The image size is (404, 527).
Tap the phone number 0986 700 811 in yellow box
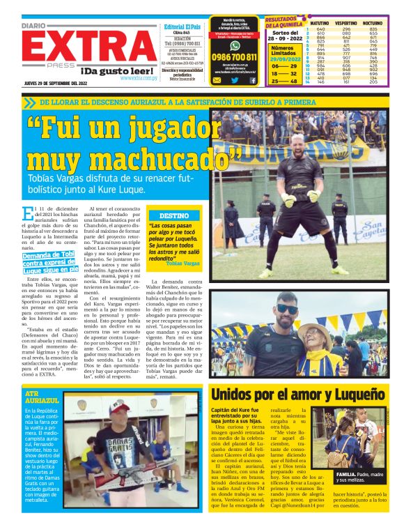[235, 57]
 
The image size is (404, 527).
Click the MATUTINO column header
[319, 24]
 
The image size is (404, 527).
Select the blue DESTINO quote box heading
[173, 216]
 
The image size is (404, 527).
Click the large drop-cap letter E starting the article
[27, 215]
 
